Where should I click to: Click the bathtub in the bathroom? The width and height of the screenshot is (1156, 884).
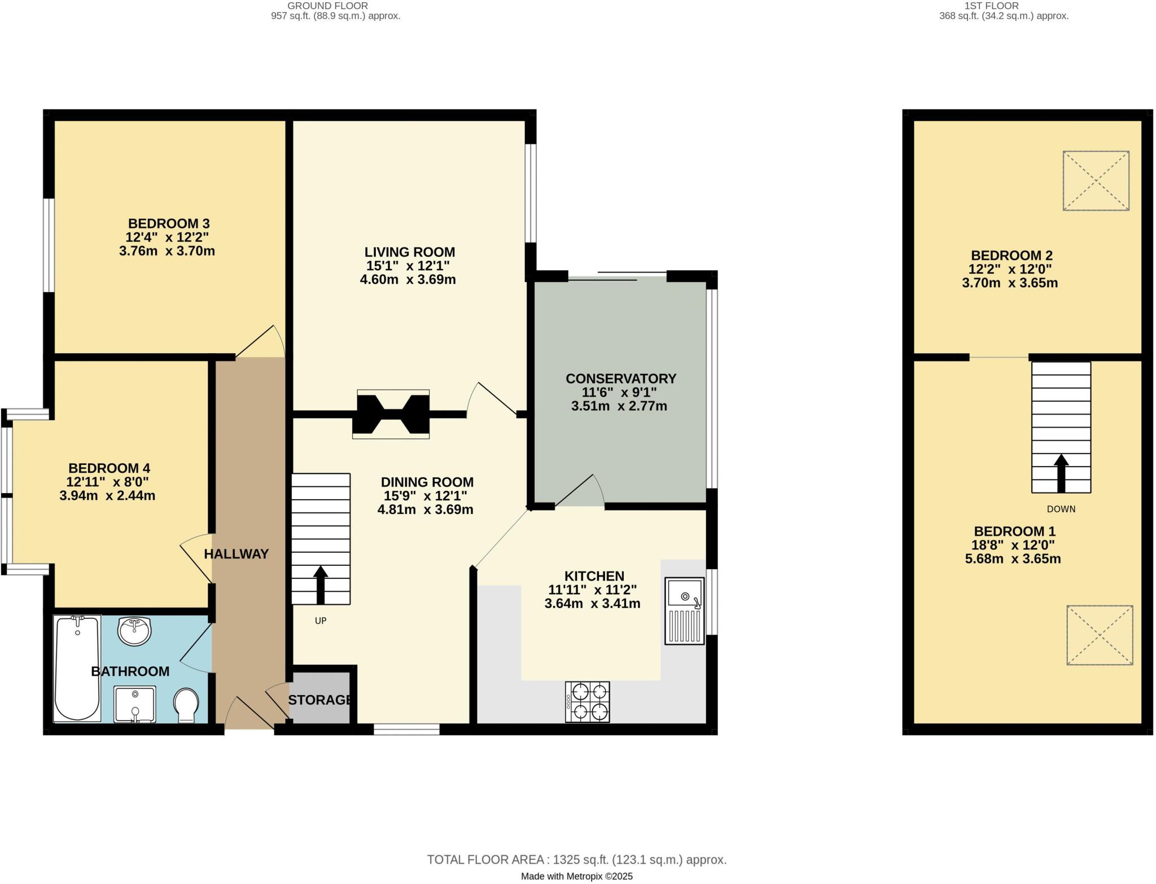[x=77, y=668]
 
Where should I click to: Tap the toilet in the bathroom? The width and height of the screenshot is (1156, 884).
[x=186, y=705]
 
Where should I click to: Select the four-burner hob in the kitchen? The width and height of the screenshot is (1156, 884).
[x=588, y=702]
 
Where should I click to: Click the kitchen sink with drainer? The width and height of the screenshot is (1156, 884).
[x=685, y=610]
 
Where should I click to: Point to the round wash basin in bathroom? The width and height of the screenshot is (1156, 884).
[x=134, y=630]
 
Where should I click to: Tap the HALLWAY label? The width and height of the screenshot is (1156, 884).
[x=236, y=554]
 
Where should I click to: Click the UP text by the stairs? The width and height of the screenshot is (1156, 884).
[x=321, y=621]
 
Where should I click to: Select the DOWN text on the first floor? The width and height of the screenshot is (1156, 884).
[x=1061, y=509]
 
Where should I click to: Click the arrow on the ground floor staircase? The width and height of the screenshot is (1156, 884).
[x=321, y=585]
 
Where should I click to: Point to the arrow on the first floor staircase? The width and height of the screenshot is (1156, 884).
[x=1061, y=473]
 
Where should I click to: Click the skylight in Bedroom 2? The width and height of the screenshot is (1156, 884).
[x=1096, y=181]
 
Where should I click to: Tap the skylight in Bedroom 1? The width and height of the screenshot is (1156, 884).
[x=1100, y=635]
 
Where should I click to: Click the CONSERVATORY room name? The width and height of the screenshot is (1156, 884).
[x=621, y=379]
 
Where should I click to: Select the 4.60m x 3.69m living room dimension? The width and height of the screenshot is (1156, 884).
[x=408, y=279]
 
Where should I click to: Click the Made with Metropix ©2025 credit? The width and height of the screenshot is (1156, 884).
[x=577, y=876]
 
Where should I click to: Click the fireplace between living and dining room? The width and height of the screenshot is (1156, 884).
[x=391, y=414]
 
